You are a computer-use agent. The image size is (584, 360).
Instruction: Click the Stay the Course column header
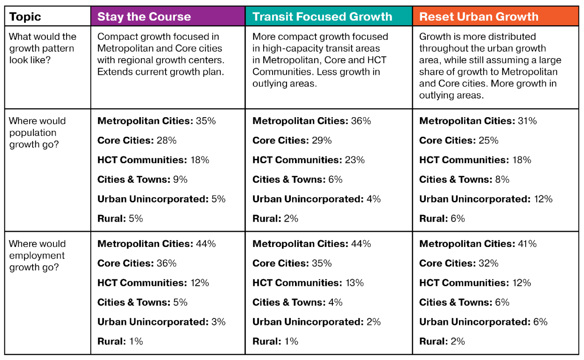click(x=144, y=17)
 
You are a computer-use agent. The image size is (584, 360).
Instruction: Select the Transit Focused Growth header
click(x=322, y=17)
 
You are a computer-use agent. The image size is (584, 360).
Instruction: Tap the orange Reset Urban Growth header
click(x=478, y=17)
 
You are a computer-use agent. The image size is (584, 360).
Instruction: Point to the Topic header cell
click(x=25, y=17)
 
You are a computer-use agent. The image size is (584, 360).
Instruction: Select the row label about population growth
click(x=37, y=132)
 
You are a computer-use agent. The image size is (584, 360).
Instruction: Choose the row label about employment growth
click(x=37, y=255)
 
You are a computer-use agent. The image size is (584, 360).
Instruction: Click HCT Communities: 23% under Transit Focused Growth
click(x=308, y=160)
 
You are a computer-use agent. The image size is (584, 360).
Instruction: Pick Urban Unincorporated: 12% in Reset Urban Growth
click(x=485, y=199)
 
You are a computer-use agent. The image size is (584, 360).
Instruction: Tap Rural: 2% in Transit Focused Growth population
click(x=275, y=219)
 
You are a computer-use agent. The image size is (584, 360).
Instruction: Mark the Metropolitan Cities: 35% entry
click(x=157, y=121)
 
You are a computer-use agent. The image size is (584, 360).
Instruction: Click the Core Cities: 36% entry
click(x=137, y=263)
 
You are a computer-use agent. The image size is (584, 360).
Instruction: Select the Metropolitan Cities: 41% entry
click(x=478, y=244)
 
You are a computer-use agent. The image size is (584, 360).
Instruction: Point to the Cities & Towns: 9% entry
click(x=142, y=180)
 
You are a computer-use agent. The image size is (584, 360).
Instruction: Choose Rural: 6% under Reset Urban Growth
click(x=442, y=219)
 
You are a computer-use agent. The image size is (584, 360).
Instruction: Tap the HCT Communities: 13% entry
click(x=308, y=283)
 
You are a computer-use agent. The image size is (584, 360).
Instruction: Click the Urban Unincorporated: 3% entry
click(x=161, y=322)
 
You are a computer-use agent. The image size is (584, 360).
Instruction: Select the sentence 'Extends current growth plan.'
click(x=160, y=72)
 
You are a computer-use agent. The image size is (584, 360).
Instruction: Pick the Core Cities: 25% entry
click(x=459, y=141)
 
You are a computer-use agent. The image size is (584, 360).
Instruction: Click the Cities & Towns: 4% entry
click(x=297, y=302)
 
